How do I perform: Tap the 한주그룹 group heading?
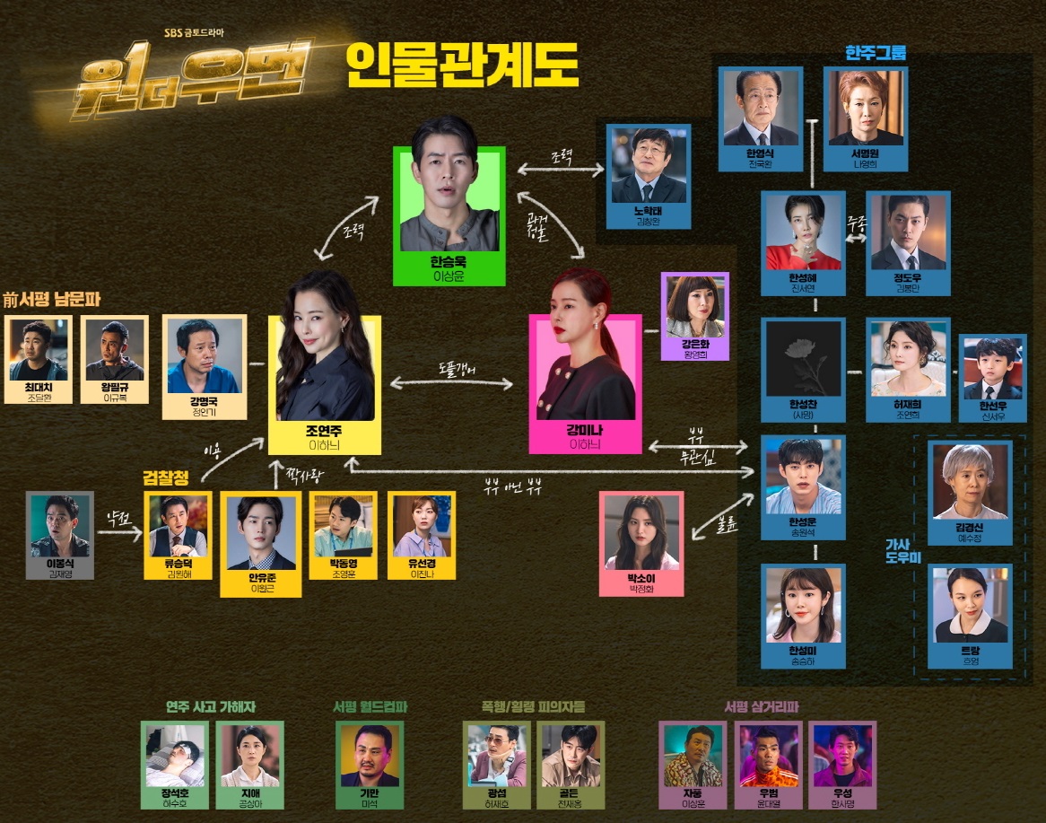click(876, 53)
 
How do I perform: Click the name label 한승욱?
click(449, 263)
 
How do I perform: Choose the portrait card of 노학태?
click(649, 175)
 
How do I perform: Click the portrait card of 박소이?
click(641, 541)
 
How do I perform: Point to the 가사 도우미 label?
click(898, 550)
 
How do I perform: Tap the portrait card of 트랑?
click(969, 615)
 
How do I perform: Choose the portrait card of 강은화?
click(695, 316)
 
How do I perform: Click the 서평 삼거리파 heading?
click(761, 707)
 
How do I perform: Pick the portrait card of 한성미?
click(802, 615)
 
